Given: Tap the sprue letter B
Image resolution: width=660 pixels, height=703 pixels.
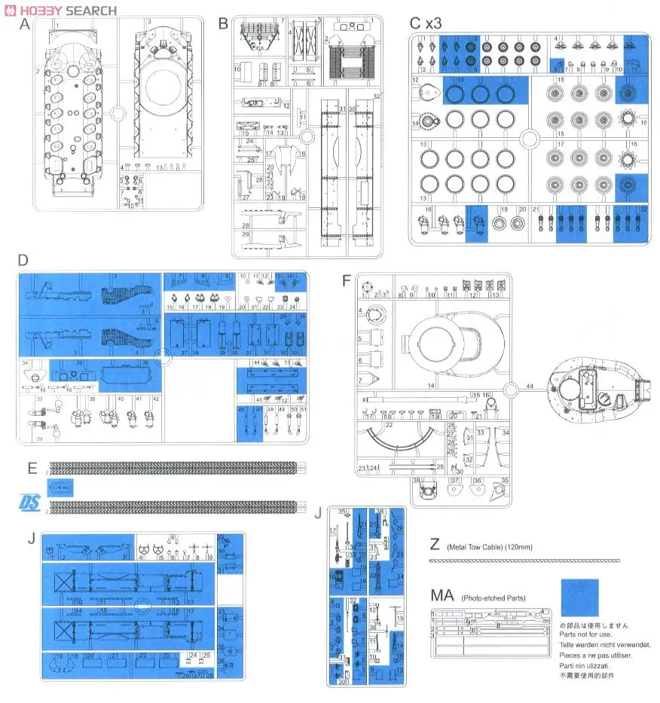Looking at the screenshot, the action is click(x=223, y=23).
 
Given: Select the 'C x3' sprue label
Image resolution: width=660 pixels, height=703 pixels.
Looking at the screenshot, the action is click(x=425, y=23).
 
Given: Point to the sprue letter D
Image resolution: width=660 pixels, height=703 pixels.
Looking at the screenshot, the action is click(x=23, y=261).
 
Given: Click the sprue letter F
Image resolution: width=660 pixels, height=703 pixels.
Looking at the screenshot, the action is click(x=347, y=281).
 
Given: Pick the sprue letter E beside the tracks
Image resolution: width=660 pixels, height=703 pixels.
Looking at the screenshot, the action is click(x=32, y=468).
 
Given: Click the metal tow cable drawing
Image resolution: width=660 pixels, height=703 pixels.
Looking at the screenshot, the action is click(x=524, y=561).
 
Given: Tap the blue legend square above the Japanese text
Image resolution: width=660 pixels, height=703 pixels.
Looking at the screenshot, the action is click(x=579, y=598).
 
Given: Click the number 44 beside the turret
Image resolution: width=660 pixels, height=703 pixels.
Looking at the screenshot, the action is click(x=530, y=386).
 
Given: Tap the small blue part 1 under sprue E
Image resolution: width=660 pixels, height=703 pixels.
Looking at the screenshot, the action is click(x=60, y=488).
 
